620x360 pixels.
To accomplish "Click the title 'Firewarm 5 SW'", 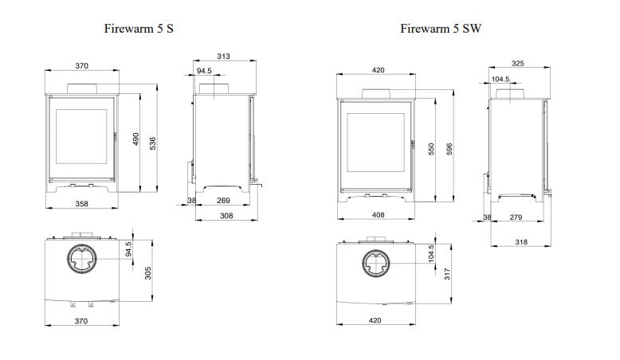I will point(441,29).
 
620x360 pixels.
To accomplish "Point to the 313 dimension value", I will point(223,57).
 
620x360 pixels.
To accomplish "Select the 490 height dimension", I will point(135,139).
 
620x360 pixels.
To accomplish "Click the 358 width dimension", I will point(82,203).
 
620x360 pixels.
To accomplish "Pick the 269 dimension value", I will point(223,201).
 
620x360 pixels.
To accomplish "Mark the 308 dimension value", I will point(226,216).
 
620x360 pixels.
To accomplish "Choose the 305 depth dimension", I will point(148,272).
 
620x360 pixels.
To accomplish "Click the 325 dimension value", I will point(518,63).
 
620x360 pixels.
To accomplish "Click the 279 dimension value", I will point(516,217).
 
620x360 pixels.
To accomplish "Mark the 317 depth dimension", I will point(448,273).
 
